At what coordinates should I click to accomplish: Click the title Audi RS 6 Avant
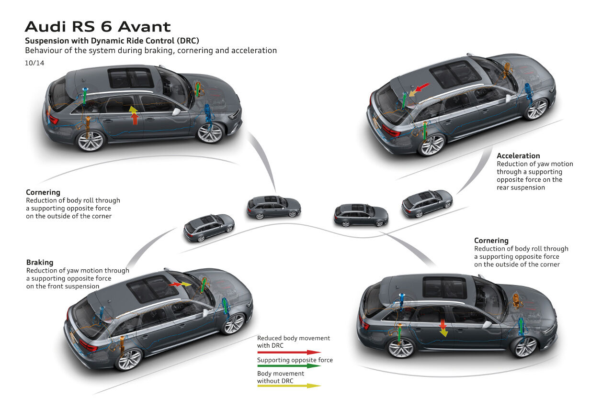pyautogui.click(x=97, y=26)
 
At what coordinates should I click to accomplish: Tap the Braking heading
pyautogui.click(x=39, y=262)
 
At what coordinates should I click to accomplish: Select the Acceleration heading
pyautogui.click(x=518, y=155)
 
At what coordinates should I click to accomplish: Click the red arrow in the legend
pyautogui.click(x=289, y=352)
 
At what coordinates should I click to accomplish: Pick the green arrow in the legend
pyautogui.click(x=289, y=366)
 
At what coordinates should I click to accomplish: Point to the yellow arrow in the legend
pyautogui.click(x=289, y=385)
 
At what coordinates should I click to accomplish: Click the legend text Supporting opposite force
pyautogui.click(x=295, y=360)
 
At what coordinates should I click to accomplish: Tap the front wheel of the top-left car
pyautogui.click(x=210, y=132)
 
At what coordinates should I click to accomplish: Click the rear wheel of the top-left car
pyautogui.click(x=91, y=141)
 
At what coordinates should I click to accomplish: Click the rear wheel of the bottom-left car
pyautogui.click(x=128, y=359)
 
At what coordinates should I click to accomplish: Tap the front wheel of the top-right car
pyautogui.click(x=536, y=109)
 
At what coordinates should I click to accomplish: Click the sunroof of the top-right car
pyautogui.click(x=455, y=73)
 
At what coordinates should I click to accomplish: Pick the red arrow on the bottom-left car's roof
pyautogui.click(x=175, y=284)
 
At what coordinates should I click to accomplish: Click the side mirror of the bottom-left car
pyautogui.click(x=207, y=313)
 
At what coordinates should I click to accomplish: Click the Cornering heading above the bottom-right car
pyautogui.click(x=491, y=241)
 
